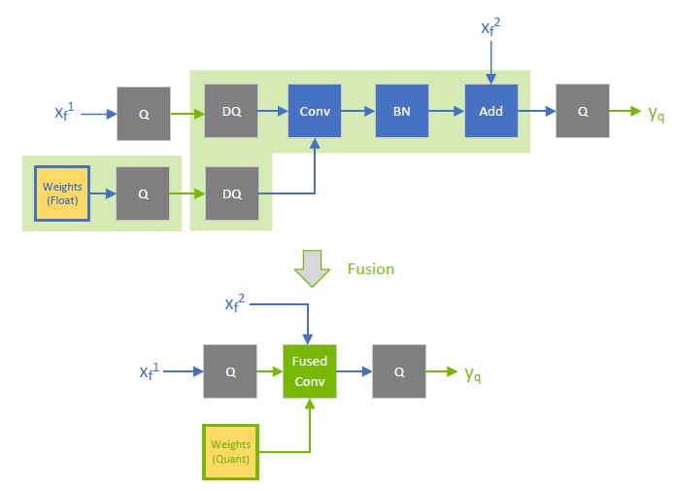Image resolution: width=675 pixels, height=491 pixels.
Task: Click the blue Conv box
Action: coord(315,112)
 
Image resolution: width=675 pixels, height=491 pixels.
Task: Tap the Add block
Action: coord(490,112)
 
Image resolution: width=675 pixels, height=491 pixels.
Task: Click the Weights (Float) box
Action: coord(62,193)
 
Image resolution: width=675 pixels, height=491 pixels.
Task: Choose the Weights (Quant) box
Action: coord(230,452)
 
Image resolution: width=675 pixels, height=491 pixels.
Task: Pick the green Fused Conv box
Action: coord(310,370)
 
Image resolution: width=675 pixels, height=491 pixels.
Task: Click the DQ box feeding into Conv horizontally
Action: coord(231,112)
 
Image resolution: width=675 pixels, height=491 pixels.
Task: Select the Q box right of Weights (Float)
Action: coord(143,193)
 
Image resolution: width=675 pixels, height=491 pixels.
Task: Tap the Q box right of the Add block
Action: coord(582,112)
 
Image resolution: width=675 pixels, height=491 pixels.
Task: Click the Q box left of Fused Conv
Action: coord(230,371)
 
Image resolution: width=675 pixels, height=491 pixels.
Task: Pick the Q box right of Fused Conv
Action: coord(399,371)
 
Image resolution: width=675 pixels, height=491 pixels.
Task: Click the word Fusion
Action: coord(370,269)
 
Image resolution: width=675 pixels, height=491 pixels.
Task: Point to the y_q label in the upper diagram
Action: coord(657,113)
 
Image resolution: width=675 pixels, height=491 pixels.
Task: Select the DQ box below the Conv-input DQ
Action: coord(231,193)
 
